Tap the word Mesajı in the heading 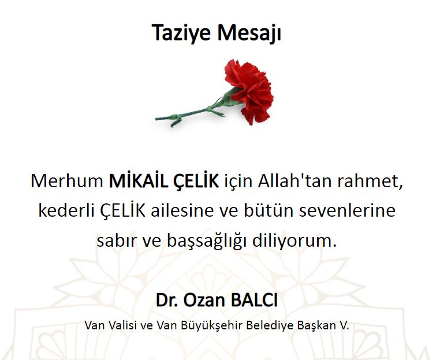(x=249, y=33)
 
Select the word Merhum (x=67, y=181)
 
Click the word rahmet (x=370, y=181)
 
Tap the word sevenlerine (x=348, y=210)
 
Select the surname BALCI (x=254, y=300)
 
